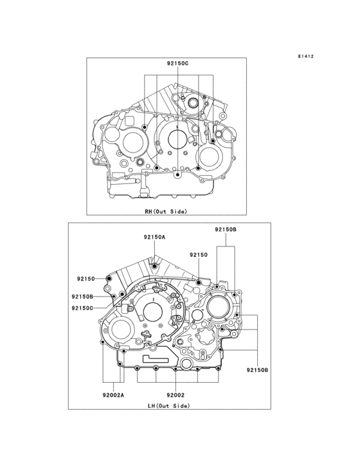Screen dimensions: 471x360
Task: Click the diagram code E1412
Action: point(305,57)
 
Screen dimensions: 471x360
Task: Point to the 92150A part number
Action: point(154,237)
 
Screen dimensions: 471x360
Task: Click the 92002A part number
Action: point(112,394)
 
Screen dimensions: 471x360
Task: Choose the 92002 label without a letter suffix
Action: point(175,394)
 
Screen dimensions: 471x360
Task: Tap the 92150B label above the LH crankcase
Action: point(226,229)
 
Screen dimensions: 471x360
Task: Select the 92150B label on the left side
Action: point(84,296)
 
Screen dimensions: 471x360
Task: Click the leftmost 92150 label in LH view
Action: point(85,279)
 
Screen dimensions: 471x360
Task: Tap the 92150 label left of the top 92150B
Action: point(198,255)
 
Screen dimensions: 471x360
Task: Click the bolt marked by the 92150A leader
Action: point(154,266)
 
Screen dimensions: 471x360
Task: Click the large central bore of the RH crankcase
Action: point(175,138)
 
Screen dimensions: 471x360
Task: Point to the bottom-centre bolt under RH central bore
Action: point(175,174)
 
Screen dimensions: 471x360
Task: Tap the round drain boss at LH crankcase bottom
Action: point(187,365)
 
